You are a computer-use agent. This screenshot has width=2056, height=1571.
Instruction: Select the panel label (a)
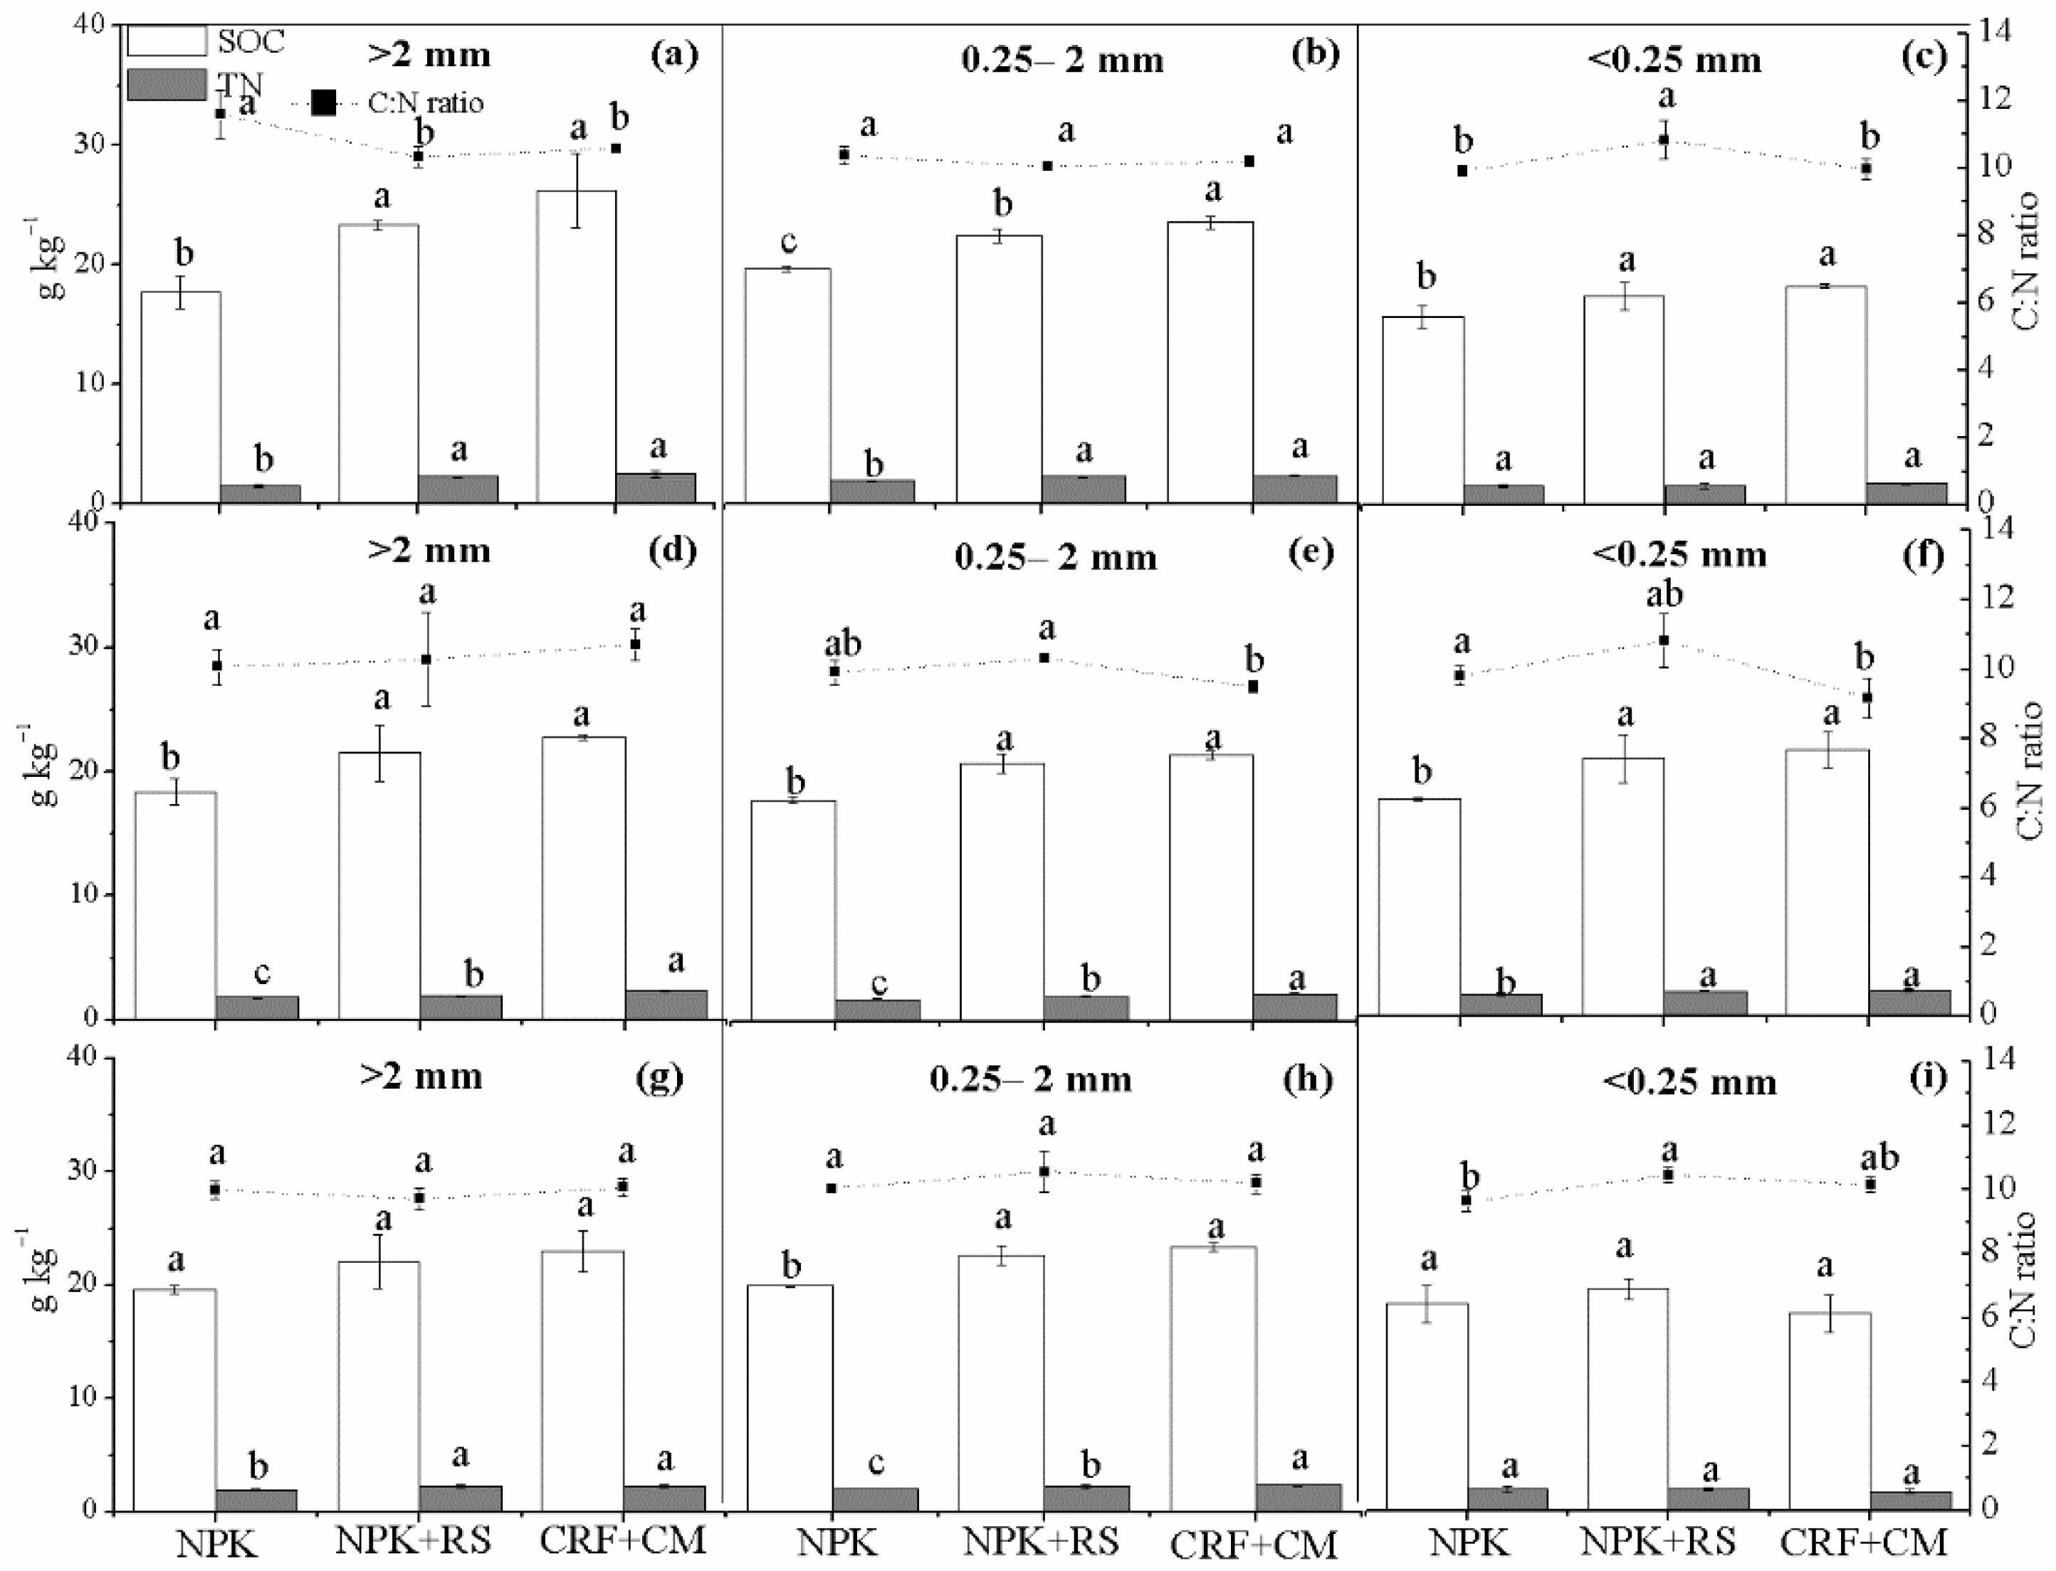click(674, 56)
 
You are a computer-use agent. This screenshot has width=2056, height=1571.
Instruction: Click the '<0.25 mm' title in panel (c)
click(1674, 60)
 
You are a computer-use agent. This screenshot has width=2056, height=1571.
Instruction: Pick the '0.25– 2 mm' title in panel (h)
click(1031, 1079)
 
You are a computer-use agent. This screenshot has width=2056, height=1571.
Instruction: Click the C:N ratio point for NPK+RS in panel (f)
click(1664, 640)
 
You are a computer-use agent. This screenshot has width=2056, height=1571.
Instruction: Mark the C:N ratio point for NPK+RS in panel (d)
click(426, 660)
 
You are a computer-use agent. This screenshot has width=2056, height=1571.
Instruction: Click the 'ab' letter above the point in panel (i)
click(1880, 1158)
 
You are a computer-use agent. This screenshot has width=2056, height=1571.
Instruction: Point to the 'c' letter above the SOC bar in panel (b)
click(789, 241)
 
